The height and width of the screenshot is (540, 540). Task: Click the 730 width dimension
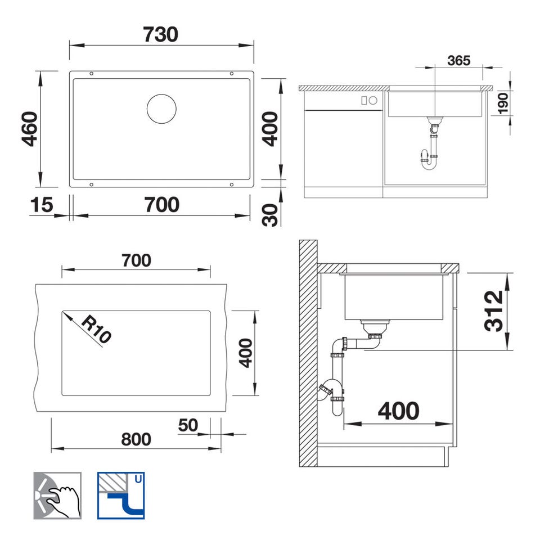[x=161, y=35]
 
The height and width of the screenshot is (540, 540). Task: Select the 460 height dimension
[x=30, y=129]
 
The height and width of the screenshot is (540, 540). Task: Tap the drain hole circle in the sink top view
[x=161, y=109]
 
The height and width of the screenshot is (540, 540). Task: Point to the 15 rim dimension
[x=42, y=205]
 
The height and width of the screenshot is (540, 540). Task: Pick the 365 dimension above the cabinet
[x=459, y=61]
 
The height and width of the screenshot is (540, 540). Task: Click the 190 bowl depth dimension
[x=503, y=103]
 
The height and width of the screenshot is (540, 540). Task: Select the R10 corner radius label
[x=96, y=328]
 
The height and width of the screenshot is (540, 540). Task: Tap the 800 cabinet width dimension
[x=136, y=439]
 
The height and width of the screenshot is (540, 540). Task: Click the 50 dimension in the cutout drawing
[x=188, y=425]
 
